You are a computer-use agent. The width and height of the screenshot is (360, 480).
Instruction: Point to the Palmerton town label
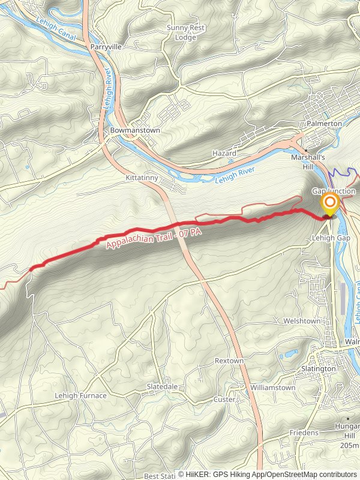tap(324, 123)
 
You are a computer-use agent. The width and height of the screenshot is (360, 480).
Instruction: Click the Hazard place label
tap(224, 154)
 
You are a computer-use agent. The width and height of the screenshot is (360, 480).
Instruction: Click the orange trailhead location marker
tap(329, 203)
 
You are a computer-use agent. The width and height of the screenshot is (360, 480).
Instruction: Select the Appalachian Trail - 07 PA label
tap(153, 238)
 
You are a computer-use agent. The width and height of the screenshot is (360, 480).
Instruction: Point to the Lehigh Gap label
tap(331, 238)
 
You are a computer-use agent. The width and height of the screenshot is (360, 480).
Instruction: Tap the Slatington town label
tap(319, 368)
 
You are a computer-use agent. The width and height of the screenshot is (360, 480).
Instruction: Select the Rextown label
tap(229, 361)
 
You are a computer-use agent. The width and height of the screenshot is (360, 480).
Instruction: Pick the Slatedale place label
tap(162, 387)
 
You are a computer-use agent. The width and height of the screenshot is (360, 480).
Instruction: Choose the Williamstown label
tap(273, 388)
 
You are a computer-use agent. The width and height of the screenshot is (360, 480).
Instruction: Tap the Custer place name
tap(225, 399)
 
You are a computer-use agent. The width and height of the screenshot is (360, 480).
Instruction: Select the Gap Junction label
tap(334, 191)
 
